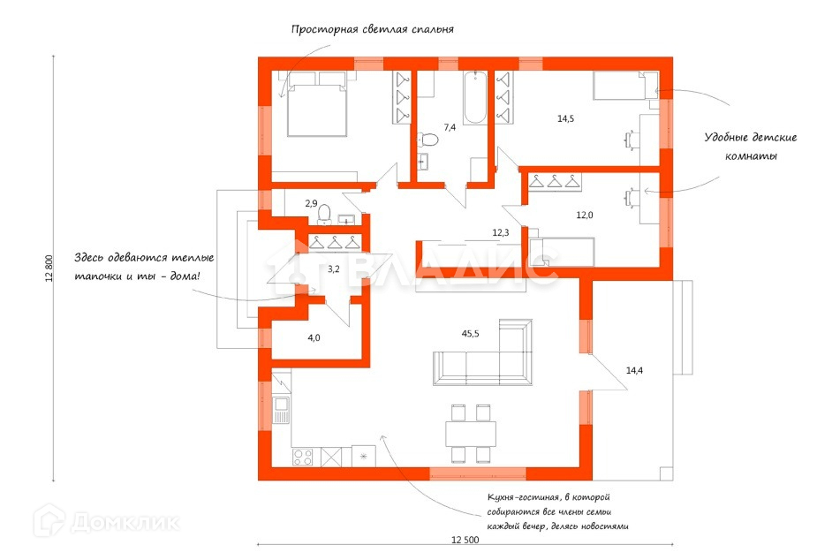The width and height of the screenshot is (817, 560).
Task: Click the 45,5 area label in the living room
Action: click(x=470, y=334)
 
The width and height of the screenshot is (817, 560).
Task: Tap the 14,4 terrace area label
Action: click(x=634, y=371)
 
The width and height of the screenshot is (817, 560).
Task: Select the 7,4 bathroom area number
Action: click(x=450, y=127)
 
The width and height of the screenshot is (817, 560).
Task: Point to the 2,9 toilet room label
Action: click(x=311, y=204)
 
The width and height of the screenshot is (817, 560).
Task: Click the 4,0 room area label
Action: click(x=314, y=337)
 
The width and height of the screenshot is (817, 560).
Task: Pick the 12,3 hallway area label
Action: click(x=500, y=233)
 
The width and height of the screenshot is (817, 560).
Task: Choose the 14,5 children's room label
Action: click(x=566, y=118)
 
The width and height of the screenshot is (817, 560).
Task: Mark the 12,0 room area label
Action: click(x=585, y=215)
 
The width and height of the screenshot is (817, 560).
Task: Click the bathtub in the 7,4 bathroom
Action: click(x=474, y=98)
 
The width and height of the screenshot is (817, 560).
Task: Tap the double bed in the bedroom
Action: click(x=317, y=104)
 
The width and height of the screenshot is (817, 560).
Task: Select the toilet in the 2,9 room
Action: click(x=325, y=215)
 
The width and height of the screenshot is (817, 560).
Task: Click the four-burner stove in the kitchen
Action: click(x=303, y=458)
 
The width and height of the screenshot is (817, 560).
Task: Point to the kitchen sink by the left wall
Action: click(x=282, y=411)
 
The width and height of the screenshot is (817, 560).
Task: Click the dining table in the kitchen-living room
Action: click(x=471, y=434)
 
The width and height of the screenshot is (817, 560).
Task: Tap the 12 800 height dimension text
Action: click(x=49, y=269)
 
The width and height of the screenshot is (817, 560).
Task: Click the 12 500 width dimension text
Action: click(x=465, y=541)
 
